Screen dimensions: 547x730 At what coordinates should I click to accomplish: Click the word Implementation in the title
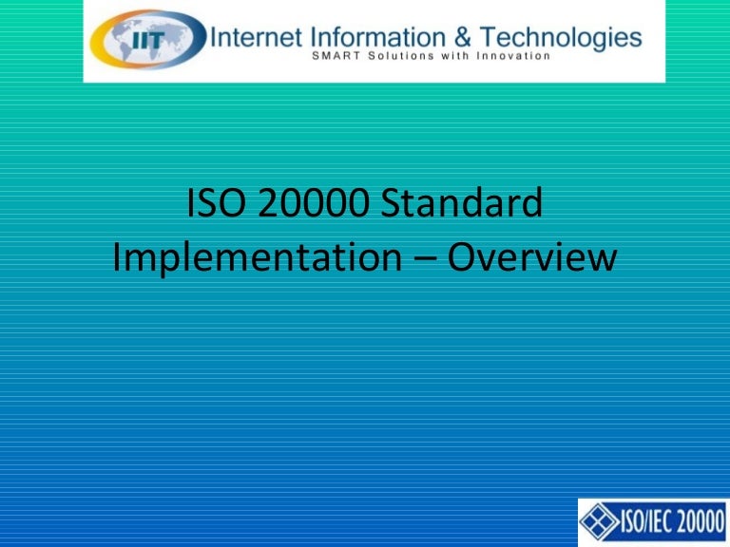coord(257,257)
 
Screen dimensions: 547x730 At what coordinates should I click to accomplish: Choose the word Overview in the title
coord(532,257)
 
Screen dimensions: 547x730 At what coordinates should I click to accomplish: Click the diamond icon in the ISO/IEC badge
coord(598,522)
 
